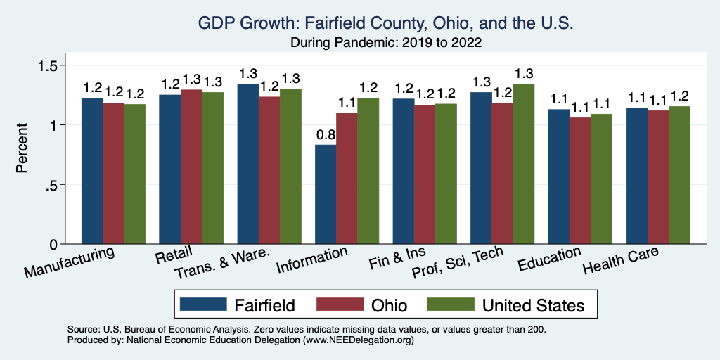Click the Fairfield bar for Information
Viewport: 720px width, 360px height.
pos(326,194)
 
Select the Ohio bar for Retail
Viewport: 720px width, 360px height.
pos(191,167)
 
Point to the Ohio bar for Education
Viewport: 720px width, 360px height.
pos(580,181)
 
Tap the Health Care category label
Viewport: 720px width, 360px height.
pos(621,263)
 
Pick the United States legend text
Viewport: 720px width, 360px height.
pos(533,305)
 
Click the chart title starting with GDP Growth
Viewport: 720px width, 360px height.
pos(366,25)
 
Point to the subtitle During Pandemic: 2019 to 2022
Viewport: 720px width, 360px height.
pos(366,42)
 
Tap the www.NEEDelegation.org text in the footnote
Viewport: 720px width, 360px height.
pos(358,340)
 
